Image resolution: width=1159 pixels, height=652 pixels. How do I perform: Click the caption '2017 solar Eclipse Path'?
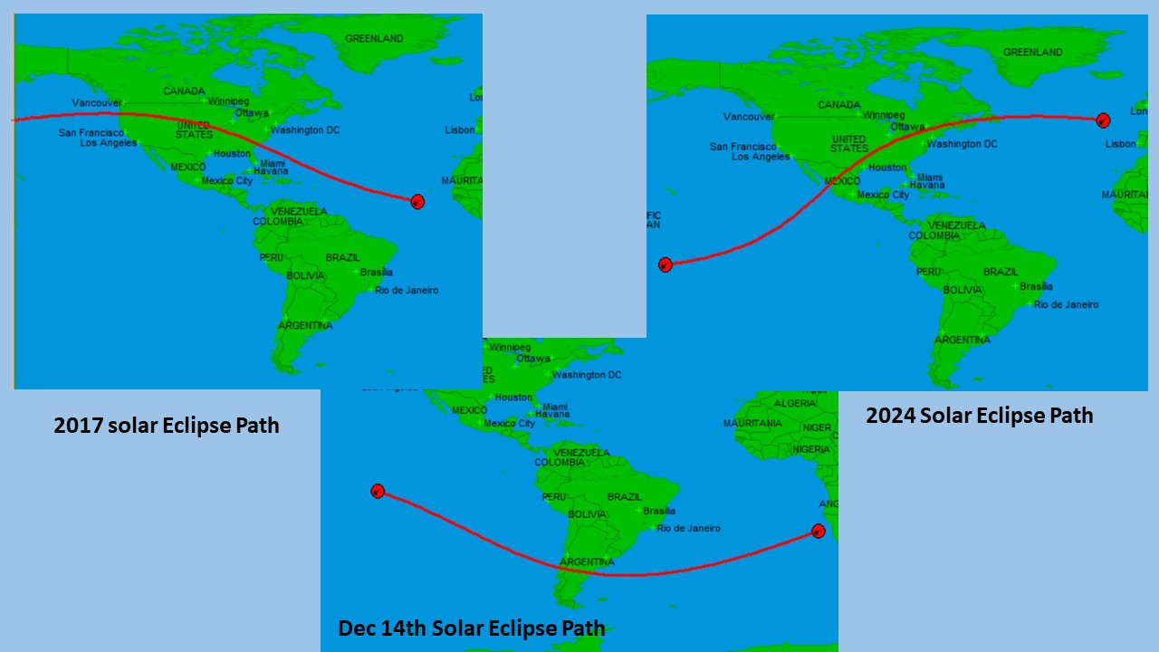167,425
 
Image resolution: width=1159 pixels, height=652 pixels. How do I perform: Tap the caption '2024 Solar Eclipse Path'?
979,416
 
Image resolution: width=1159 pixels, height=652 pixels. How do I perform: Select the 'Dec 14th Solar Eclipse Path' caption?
471,628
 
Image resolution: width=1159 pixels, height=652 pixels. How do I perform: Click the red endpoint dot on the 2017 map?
417,202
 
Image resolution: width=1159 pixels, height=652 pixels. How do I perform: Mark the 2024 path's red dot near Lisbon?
1103,120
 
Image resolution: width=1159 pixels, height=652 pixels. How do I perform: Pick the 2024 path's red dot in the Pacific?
666,264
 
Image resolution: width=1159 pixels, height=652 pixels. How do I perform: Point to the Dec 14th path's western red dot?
378,491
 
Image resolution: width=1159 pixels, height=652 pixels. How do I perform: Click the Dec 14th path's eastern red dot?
818,531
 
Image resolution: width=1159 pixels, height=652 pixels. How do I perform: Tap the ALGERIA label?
795,403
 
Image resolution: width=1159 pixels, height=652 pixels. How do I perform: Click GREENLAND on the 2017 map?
374,39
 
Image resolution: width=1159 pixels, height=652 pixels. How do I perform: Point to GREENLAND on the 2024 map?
1032,53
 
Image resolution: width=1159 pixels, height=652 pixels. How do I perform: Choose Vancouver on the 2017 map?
97,103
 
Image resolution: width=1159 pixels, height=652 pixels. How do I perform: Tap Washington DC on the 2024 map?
962,144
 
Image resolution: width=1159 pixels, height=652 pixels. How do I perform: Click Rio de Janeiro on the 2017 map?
407,291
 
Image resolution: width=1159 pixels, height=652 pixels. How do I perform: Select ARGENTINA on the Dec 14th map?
587,562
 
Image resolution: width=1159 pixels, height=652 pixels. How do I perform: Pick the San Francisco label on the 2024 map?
743,147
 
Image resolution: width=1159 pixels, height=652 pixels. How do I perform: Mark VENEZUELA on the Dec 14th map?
580,452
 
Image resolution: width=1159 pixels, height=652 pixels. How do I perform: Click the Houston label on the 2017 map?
232,154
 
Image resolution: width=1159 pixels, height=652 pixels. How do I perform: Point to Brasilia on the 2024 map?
1036,286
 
